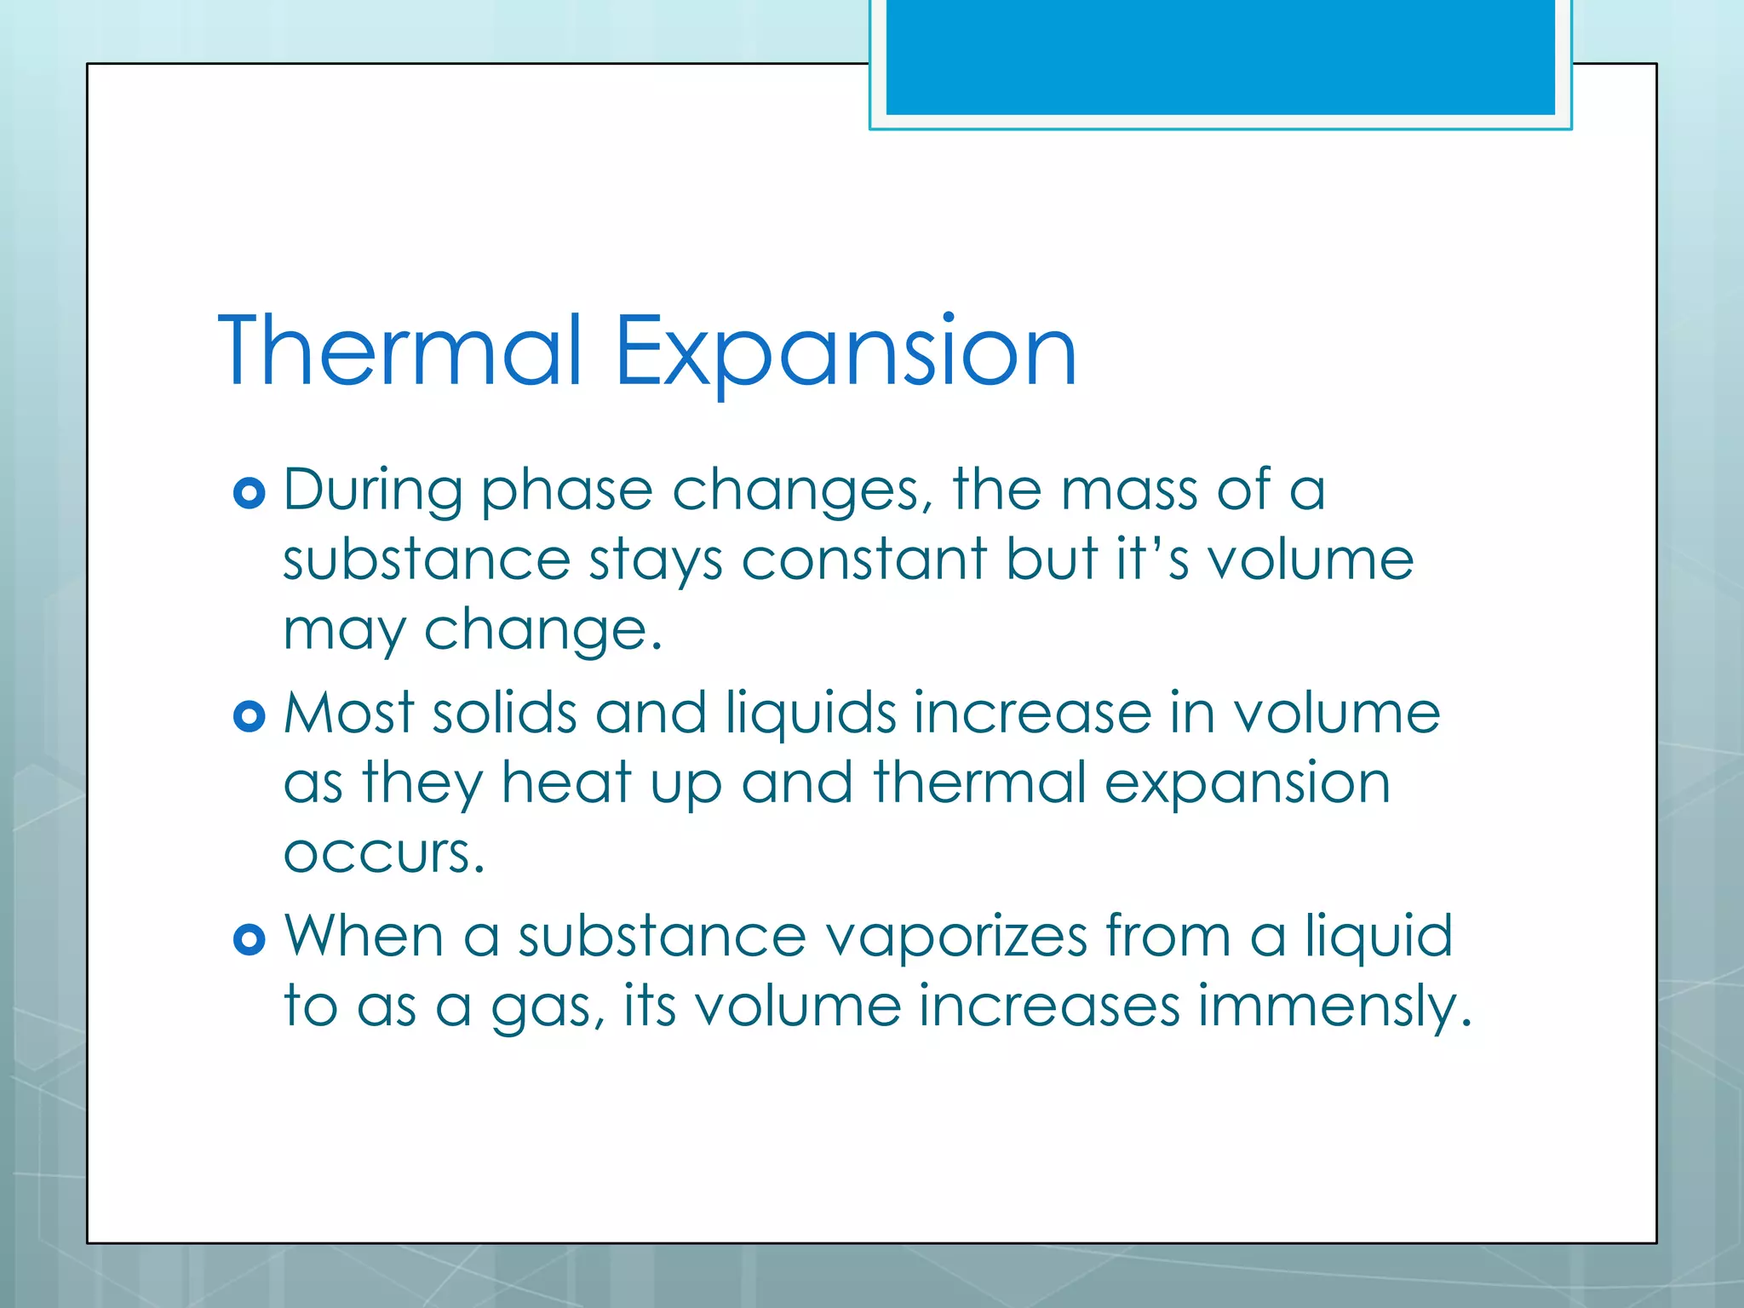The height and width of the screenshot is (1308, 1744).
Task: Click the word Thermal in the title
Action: pos(400,351)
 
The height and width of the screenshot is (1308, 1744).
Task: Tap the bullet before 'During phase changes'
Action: pos(249,493)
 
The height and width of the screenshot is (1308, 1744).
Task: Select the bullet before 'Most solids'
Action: pos(249,716)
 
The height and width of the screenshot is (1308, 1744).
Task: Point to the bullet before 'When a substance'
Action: pos(249,939)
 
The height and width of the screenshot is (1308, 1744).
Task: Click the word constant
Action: pos(863,560)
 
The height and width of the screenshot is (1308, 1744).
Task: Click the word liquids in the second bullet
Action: pos(809,714)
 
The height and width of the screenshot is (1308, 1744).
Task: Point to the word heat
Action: pos(566,783)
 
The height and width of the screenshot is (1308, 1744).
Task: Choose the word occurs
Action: pos(383,853)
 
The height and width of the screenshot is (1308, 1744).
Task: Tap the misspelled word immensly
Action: pos(1334,1007)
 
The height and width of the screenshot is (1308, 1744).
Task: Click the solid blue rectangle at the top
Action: pos(1220,56)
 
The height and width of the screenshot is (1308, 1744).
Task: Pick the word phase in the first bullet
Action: pos(567,492)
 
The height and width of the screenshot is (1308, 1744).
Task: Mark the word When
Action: pos(364,937)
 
